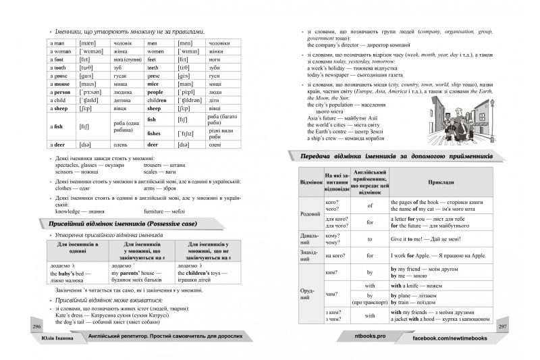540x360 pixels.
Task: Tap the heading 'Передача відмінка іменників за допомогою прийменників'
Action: [x=394, y=156]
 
